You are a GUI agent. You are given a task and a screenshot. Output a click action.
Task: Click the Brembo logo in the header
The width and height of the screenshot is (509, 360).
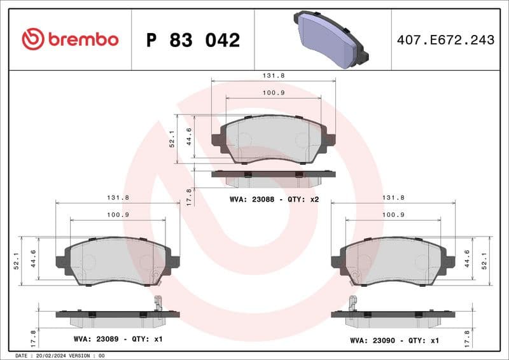[70, 39]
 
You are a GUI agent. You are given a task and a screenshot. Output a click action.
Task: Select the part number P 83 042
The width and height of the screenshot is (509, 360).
[193, 40]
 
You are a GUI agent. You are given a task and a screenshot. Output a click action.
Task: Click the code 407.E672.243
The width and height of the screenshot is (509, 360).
[445, 40]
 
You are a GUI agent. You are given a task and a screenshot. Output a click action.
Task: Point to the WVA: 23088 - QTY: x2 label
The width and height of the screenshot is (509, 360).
[274, 199]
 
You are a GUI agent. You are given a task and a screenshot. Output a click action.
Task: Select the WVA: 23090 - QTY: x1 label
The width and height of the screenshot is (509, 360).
[394, 340]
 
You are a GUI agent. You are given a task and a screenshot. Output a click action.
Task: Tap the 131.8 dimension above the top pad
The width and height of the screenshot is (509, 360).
[274, 75]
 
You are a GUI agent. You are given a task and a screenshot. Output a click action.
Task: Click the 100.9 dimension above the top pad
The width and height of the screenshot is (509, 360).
[274, 93]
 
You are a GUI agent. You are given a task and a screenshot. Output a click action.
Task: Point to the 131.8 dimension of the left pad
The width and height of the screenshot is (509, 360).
[118, 197]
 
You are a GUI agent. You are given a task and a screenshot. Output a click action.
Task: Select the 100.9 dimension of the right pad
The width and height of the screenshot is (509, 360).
[393, 214]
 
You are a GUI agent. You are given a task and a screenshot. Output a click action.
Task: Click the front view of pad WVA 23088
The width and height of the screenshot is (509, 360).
[273, 139]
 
